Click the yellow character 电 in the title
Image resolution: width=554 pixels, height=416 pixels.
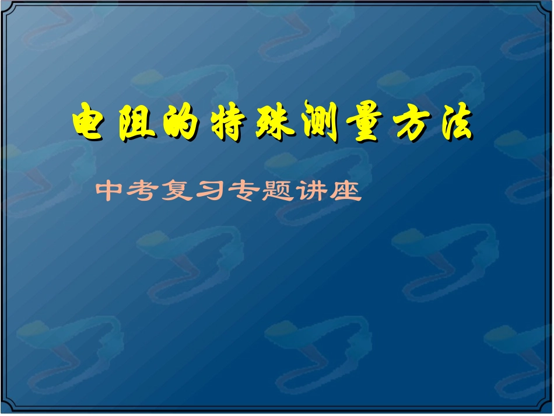pos(92,123)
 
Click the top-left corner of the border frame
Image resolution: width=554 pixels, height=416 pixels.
pos(5,5)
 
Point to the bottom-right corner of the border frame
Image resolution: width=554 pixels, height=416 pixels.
pos(549,411)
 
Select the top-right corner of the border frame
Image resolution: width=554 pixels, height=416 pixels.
pos(549,5)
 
